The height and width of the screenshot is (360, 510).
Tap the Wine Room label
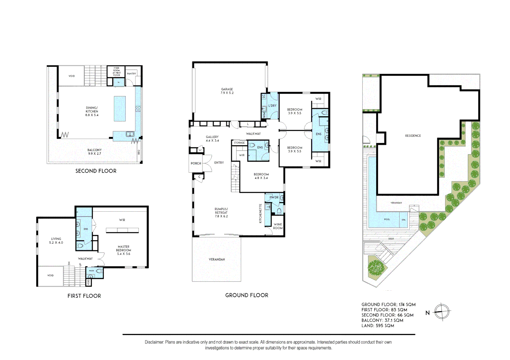click(278, 226)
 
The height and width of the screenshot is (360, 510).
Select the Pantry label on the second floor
click(131, 74)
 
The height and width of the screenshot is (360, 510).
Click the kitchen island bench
click(120, 109)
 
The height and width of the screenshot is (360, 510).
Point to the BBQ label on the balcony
click(139, 152)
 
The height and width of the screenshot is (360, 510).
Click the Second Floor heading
click(96, 171)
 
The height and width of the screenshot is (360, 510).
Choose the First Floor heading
click(84, 296)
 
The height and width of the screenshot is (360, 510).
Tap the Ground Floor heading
click(246, 295)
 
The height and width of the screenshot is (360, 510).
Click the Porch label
click(196, 163)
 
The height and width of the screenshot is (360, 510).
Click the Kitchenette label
click(261, 213)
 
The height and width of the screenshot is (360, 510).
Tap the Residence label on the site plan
click(413, 136)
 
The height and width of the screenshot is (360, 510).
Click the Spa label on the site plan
click(403, 220)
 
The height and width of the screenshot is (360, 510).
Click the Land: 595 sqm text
click(378, 326)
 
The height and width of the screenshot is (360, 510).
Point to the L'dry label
click(272, 106)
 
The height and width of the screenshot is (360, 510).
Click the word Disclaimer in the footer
click(154, 342)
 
